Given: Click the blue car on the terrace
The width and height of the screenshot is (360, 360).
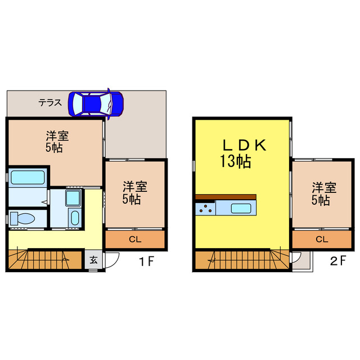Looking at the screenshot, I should pyautogui.click(x=96, y=103).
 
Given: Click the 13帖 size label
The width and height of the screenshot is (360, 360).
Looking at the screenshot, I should pyautogui.click(x=235, y=163).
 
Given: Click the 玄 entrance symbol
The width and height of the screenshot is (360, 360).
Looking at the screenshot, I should pyautogui.click(x=93, y=260).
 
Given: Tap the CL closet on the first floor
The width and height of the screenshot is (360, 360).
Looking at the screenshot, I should pyautogui.click(x=135, y=240).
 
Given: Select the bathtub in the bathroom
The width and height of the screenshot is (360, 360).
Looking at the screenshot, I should pyautogui.click(x=28, y=177).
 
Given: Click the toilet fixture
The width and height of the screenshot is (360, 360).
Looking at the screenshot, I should pyautogui.click(x=23, y=218).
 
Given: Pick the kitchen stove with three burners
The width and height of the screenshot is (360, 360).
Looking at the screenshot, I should pyautogui.click(x=205, y=209).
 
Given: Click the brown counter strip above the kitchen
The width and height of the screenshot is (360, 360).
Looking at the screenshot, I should pyautogui.click(x=226, y=196).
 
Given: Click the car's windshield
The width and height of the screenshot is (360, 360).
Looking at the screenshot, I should pyautogui.click(x=109, y=103).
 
